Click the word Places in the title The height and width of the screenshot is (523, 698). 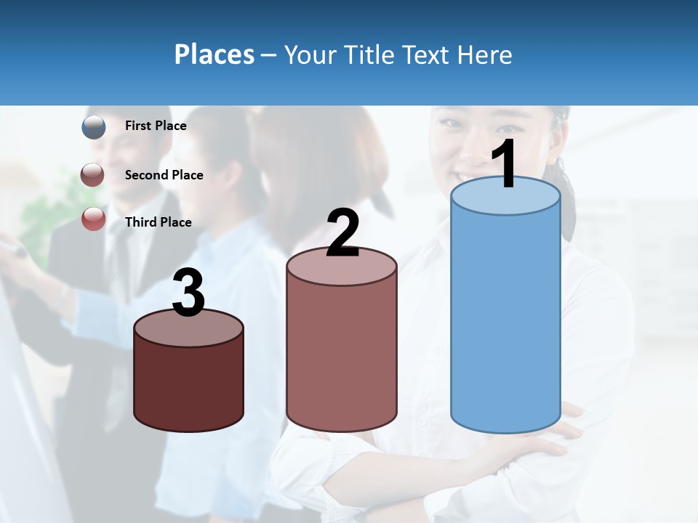(x=214, y=54)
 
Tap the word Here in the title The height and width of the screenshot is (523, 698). (x=485, y=54)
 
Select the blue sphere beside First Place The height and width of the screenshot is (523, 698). (x=94, y=127)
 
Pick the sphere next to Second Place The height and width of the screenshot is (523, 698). (x=93, y=175)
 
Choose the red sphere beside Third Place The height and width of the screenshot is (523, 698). (x=94, y=219)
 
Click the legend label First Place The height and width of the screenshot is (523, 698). (x=156, y=126)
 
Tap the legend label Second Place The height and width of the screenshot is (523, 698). (x=164, y=175)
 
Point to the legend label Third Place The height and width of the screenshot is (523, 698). (x=158, y=222)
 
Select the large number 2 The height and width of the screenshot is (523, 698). (x=342, y=232)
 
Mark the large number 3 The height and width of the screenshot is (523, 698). (x=188, y=293)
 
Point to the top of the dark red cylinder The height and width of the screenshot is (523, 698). (x=188, y=328)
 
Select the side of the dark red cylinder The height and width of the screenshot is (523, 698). (x=188, y=385)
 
